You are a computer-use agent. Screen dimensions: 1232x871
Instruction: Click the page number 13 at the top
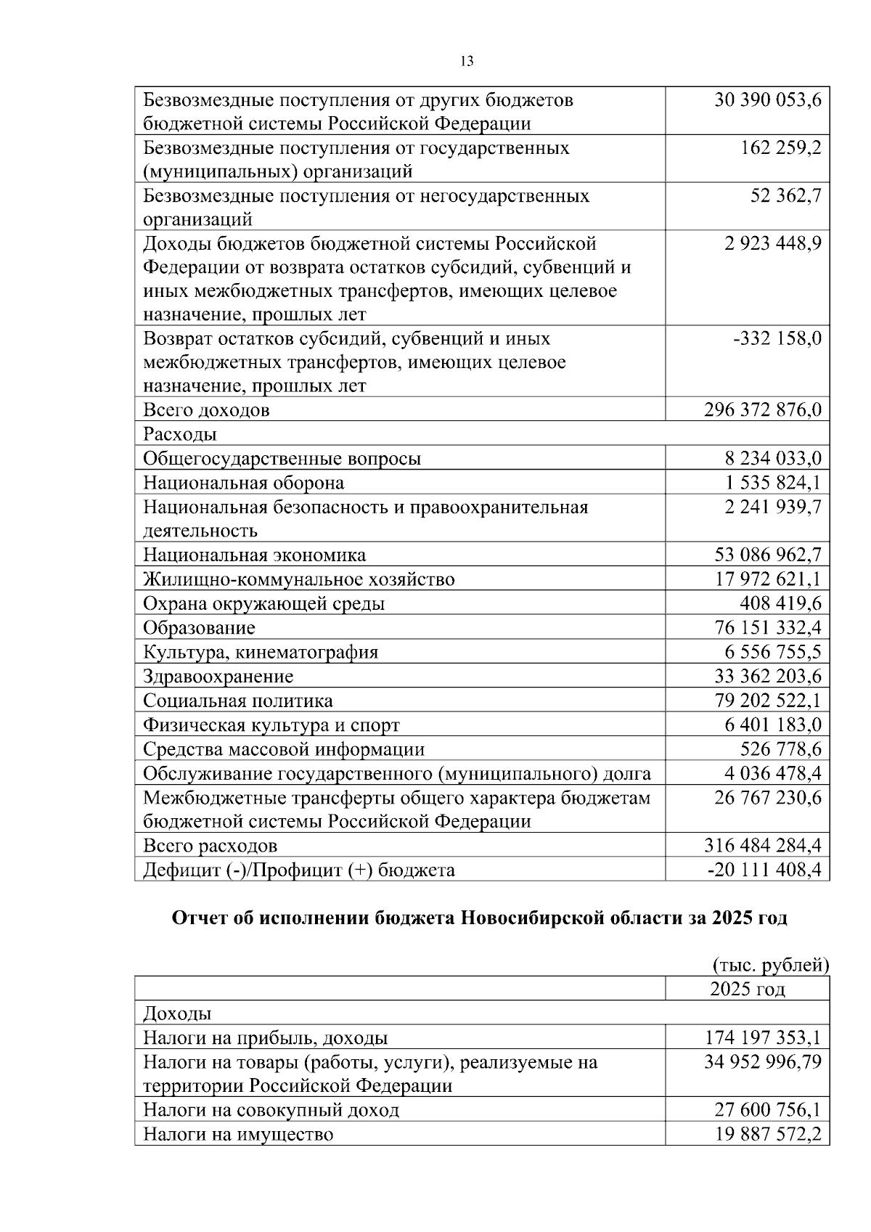[x=467, y=62]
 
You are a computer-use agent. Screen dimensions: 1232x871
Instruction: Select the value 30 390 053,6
[x=767, y=100]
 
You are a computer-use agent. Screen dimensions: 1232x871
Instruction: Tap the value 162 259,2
[x=780, y=148]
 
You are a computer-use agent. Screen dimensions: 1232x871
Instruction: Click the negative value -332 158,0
[x=777, y=338]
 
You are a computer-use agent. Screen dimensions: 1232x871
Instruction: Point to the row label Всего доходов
[x=206, y=410]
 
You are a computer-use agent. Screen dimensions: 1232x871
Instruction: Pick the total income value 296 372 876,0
[x=762, y=410]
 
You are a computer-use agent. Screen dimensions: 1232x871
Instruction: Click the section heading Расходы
[x=180, y=434]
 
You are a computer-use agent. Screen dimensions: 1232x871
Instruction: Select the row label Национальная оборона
[x=243, y=483]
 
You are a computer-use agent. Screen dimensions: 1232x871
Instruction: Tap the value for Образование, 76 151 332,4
[x=768, y=627]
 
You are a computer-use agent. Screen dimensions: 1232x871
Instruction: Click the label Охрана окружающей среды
[x=263, y=603]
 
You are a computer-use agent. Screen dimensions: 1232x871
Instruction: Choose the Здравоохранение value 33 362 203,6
[x=768, y=676]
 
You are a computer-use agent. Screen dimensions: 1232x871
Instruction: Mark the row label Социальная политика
[x=237, y=701]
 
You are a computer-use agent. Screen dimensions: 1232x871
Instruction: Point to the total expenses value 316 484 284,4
[x=762, y=846]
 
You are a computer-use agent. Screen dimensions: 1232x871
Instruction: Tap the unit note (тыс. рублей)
[x=770, y=965]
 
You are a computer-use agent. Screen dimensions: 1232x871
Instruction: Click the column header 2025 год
[x=747, y=989]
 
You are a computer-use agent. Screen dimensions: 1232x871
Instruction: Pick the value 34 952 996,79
[x=762, y=1062]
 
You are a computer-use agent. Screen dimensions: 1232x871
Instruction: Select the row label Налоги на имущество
[x=238, y=1134]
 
